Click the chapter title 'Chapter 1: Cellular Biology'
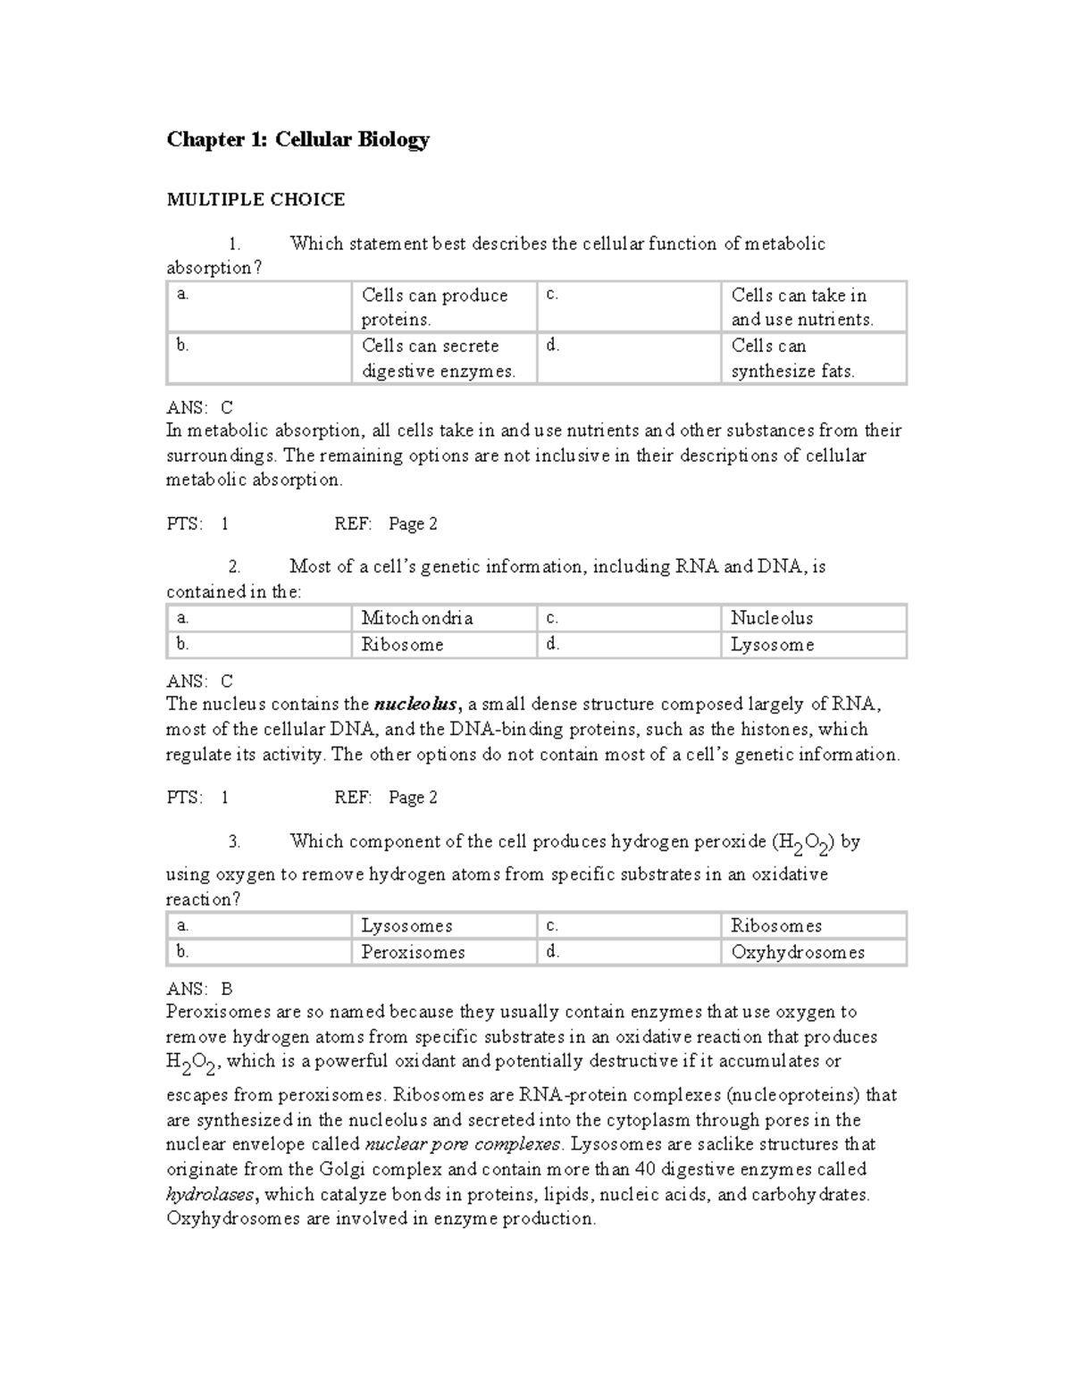297,139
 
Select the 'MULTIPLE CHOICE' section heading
255,199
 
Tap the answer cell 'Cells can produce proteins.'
434,307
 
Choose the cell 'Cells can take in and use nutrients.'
802,307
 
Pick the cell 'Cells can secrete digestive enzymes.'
438,358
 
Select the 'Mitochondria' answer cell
416,618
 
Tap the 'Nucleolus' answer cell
771,618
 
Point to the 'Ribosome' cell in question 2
402,645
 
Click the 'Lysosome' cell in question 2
772,645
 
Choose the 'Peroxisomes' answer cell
413,952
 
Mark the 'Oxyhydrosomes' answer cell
797,952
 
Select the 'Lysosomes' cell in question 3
406,926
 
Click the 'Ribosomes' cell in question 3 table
775,926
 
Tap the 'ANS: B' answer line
199,989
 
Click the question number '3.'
234,841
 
